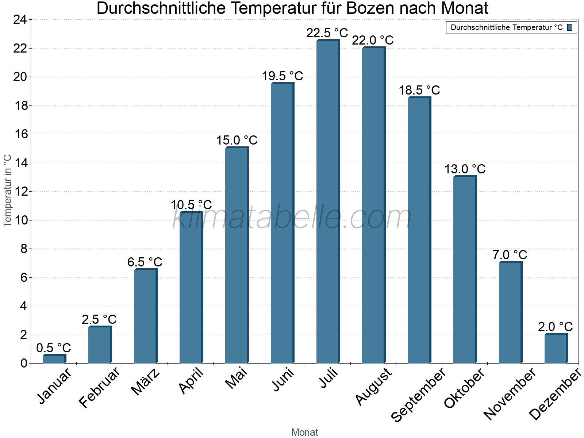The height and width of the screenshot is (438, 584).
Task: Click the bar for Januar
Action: pyautogui.click(x=54, y=359)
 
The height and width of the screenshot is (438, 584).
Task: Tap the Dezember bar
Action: pyautogui.click(x=556, y=349)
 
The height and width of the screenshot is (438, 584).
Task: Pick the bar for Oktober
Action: pyautogui.click(x=465, y=270)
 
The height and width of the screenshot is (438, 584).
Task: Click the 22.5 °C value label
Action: pyautogui.click(x=327, y=33)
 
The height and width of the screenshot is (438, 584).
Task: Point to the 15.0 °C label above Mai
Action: pyautogui.click(x=237, y=140)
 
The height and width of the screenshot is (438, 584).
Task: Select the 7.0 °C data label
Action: pyautogui.click(x=510, y=255)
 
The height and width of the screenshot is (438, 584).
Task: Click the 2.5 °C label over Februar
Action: pyautogui.click(x=99, y=319)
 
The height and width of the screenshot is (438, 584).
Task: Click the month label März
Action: pyautogui.click(x=146, y=382)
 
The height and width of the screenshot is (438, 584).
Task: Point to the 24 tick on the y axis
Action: pyautogui.click(x=20, y=20)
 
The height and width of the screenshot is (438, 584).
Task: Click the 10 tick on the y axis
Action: pyautogui.click(x=20, y=220)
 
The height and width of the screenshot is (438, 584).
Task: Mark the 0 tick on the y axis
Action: pyautogui.click(x=24, y=363)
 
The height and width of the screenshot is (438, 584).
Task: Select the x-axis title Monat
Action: pyautogui.click(x=304, y=432)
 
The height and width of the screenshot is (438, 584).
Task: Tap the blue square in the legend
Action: pyautogui.click(x=570, y=27)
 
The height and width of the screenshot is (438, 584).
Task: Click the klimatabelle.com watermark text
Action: pyautogui.click(x=292, y=218)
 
